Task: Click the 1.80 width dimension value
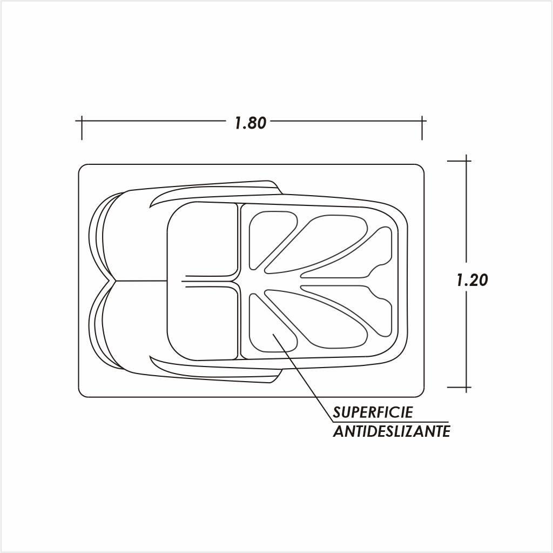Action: [251, 123]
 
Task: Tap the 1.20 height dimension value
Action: [472, 281]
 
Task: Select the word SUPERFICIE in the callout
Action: [373, 412]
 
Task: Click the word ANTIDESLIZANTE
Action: [392, 431]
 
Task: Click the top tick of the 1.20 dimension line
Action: [466, 161]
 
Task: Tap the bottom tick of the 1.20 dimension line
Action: [466, 387]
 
